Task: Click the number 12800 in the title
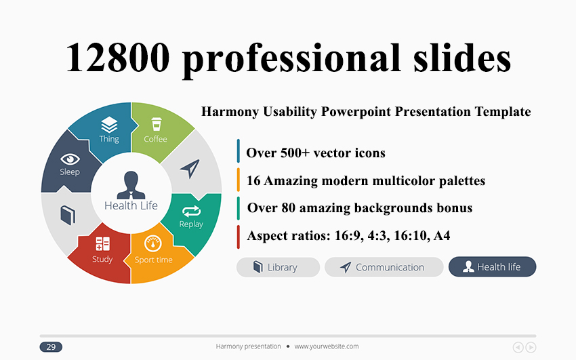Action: (x=117, y=58)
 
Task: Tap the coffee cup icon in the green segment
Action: (x=156, y=124)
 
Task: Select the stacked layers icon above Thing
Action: (x=109, y=125)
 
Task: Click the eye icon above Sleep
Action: (x=70, y=159)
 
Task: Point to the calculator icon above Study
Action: (x=102, y=243)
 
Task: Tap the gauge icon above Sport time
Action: (x=153, y=243)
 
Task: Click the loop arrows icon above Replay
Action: (x=191, y=212)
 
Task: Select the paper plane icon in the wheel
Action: (x=190, y=169)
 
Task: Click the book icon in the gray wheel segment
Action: (x=68, y=215)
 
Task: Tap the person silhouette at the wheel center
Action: (x=131, y=185)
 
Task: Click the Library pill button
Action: (x=278, y=267)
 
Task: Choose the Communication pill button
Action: (x=384, y=267)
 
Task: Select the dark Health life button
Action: (x=492, y=266)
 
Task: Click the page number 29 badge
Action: (x=51, y=346)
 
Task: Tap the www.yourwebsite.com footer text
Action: (x=327, y=346)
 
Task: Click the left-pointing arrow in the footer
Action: (x=518, y=347)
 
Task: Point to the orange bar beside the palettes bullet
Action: (x=239, y=180)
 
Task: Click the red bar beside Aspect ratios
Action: (x=239, y=237)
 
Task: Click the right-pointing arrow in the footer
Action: (x=531, y=347)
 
